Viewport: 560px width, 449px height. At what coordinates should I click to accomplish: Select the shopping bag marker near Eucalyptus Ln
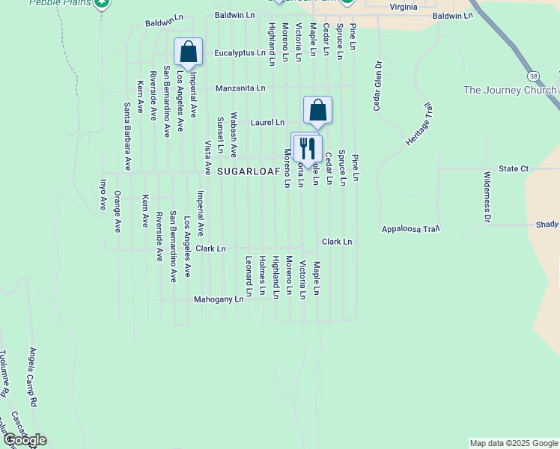point(188,52)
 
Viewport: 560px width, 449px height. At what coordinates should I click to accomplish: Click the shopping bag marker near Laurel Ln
point(317,110)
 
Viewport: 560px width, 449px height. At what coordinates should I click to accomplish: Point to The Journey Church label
point(509,91)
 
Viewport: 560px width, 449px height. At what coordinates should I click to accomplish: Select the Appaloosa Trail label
point(410,229)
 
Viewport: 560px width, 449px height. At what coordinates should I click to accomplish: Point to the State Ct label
point(514,169)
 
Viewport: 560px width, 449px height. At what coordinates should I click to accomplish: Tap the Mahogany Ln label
point(219,299)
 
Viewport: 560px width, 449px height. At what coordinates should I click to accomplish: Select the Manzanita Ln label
point(240,88)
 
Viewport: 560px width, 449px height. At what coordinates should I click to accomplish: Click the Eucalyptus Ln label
point(240,53)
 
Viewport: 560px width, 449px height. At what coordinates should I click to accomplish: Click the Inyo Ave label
point(103,194)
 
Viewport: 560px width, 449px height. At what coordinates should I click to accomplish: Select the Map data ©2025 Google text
point(514,443)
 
